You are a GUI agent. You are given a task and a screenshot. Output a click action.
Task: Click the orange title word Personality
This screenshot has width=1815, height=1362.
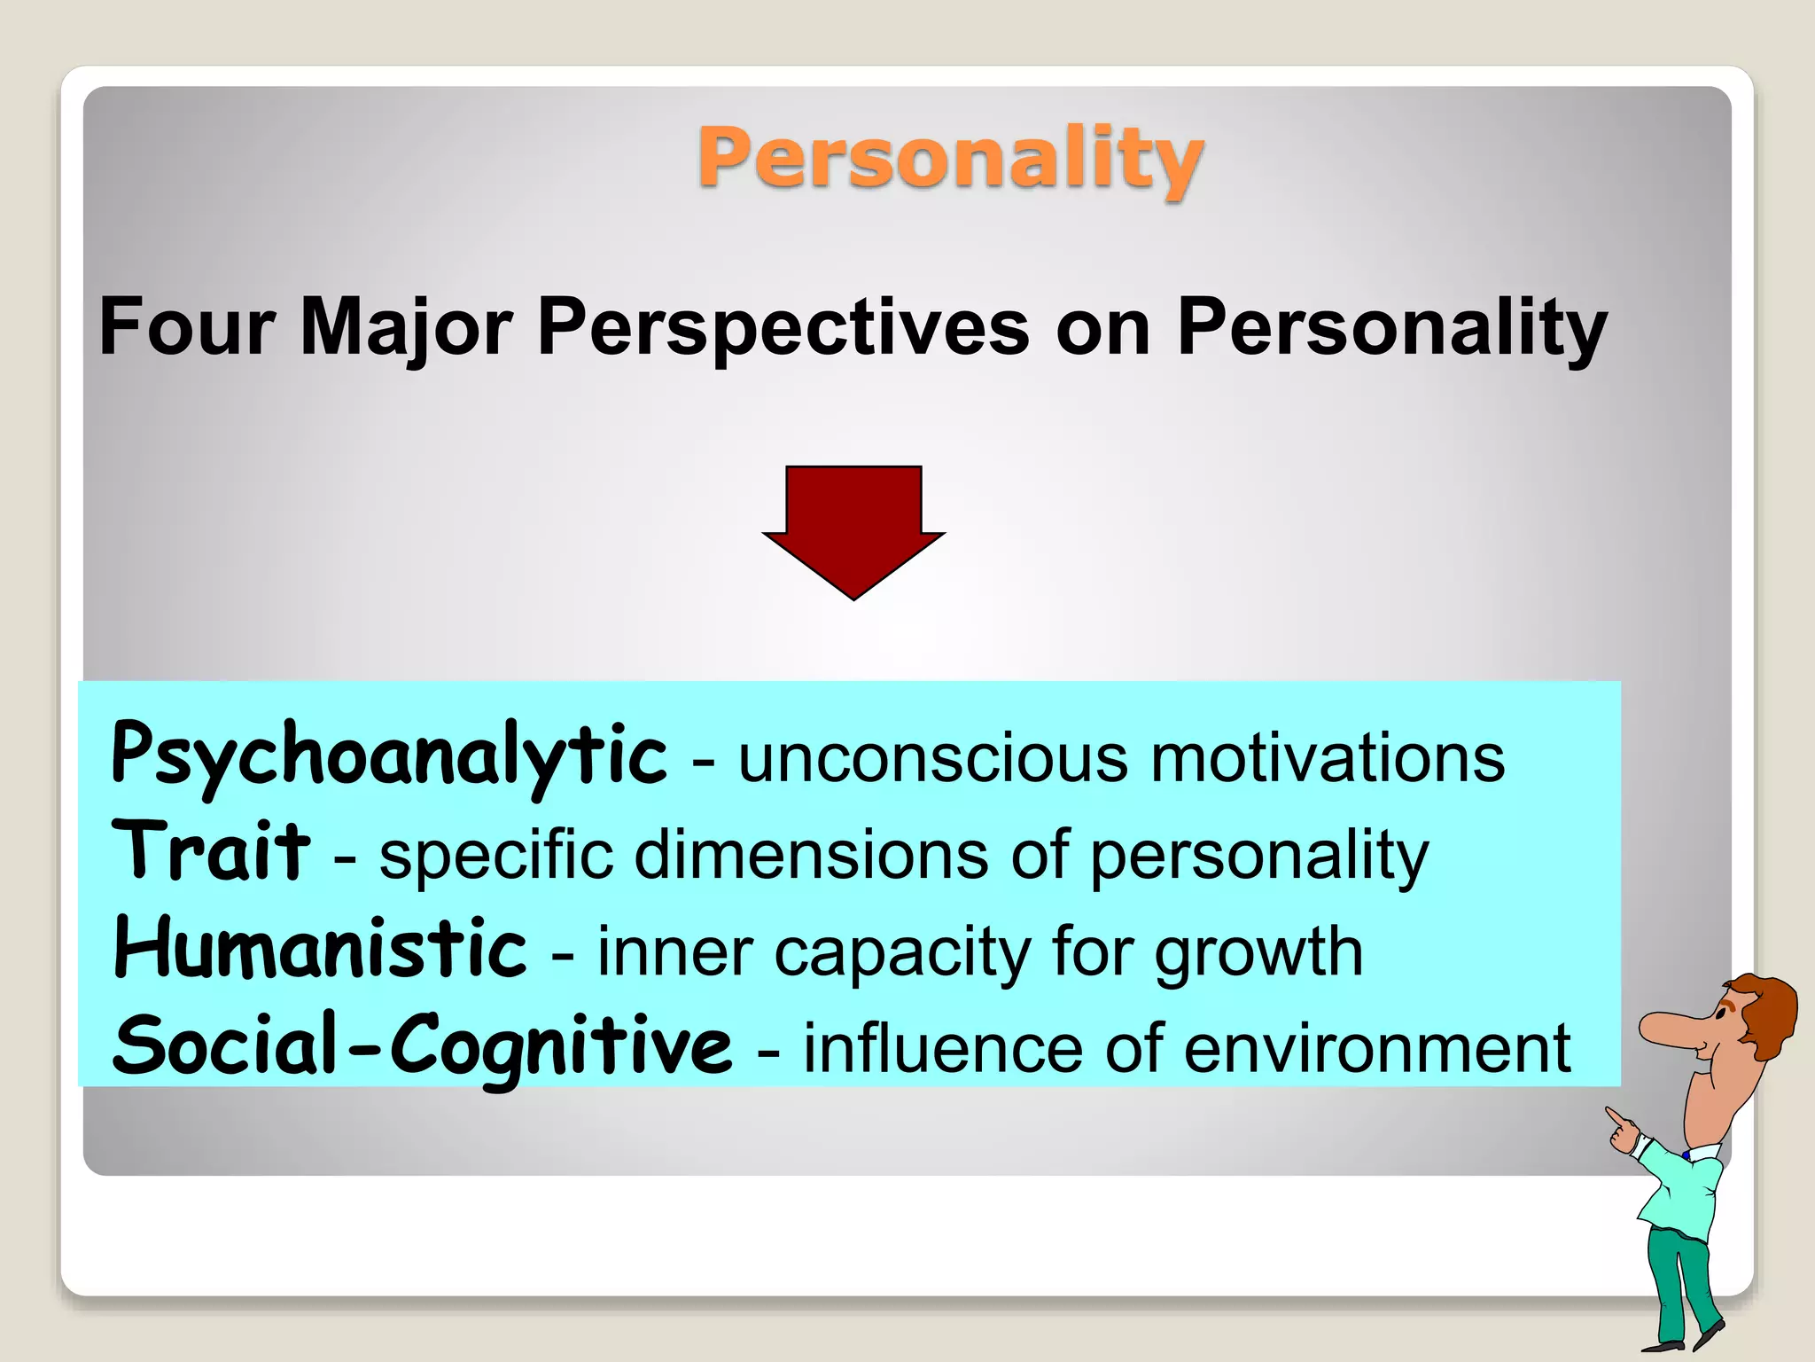click(x=949, y=160)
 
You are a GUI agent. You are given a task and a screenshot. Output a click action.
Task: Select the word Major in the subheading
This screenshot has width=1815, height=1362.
click(x=406, y=327)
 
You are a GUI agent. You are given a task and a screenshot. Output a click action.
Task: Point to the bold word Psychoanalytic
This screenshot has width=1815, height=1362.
click(x=388, y=755)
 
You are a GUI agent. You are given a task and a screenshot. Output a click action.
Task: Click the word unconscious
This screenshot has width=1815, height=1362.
click(x=933, y=759)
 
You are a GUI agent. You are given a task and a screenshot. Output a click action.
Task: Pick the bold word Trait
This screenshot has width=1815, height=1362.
click(x=210, y=851)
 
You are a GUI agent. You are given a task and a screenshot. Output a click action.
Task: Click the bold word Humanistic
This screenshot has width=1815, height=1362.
click(x=320, y=949)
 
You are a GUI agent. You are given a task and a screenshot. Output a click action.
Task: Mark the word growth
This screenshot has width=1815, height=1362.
click(x=1258, y=952)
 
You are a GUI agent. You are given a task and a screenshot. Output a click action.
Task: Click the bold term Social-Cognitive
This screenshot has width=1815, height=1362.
click(x=422, y=1046)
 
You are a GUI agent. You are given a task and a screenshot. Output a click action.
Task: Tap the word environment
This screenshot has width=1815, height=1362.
click(x=1377, y=1050)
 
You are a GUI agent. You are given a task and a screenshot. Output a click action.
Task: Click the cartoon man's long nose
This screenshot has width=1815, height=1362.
click(x=1666, y=1029)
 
